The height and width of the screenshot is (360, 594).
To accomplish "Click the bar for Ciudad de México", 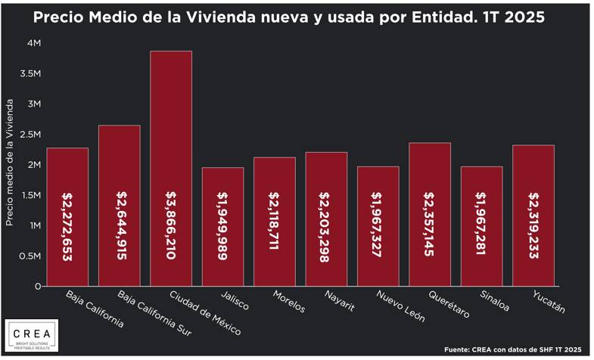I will click(171, 168).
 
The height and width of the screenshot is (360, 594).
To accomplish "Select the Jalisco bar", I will click(222, 227).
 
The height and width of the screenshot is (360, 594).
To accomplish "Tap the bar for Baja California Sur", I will click(119, 205).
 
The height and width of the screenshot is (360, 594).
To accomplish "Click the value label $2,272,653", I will click(67, 225).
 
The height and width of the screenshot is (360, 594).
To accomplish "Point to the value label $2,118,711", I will click(275, 225).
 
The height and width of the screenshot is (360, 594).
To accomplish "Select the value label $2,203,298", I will click(326, 225).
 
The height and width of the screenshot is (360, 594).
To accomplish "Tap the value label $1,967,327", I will click(378, 225).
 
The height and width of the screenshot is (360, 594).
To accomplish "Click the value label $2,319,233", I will click(533, 225).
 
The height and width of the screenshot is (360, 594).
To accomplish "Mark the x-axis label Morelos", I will click(285, 302).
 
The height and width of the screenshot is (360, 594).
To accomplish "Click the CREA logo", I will click(31, 336).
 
